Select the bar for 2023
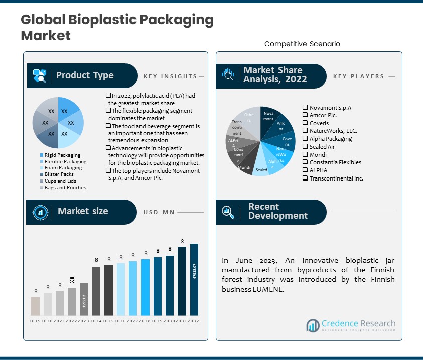pos(84,299)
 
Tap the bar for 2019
pos(35,306)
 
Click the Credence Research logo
pos(351,325)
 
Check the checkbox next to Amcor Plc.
pos(305,115)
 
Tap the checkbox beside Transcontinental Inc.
pos(305,178)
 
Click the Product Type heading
pos(85,76)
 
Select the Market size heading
pos(83,211)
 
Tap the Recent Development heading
pos(277,211)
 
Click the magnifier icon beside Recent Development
pos(228,211)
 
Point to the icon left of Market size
pos(40,212)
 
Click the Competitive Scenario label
pos(302,44)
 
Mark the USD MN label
pos(159,212)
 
